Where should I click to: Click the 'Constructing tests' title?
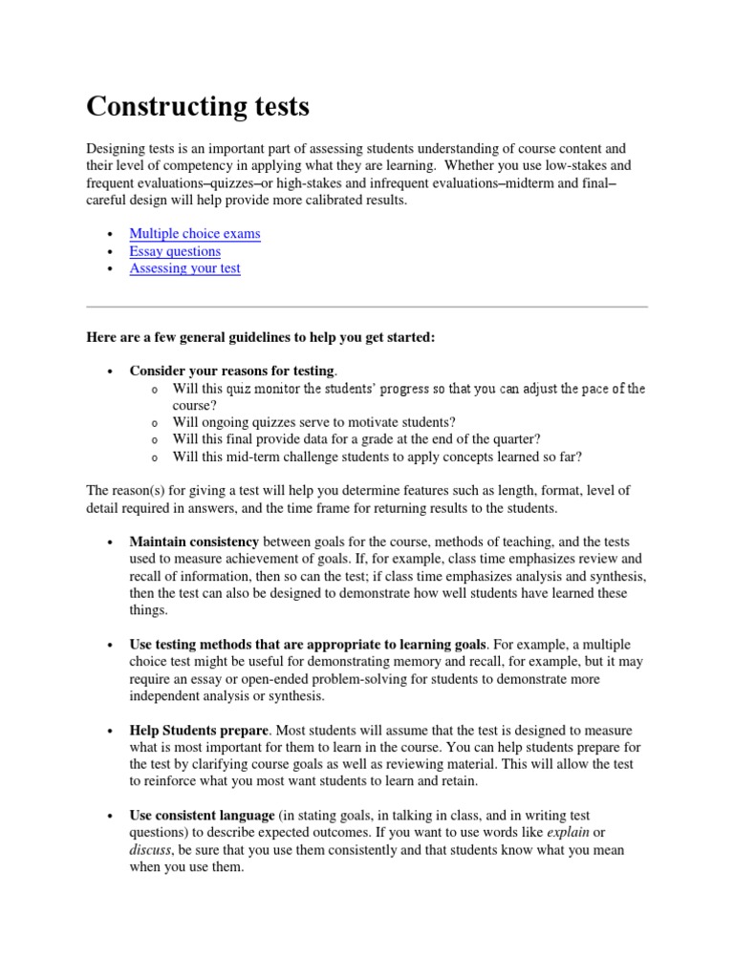point(198,106)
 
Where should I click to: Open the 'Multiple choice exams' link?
point(195,233)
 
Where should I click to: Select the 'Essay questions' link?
point(175,251)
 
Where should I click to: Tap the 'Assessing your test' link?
point(185,269)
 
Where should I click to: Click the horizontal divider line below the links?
point(367,307)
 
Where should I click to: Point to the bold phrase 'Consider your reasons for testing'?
point(232,371)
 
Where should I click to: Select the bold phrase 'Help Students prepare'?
point(198,731)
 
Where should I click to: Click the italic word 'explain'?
point(569,833)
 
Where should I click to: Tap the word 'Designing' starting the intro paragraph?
point(118,149)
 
